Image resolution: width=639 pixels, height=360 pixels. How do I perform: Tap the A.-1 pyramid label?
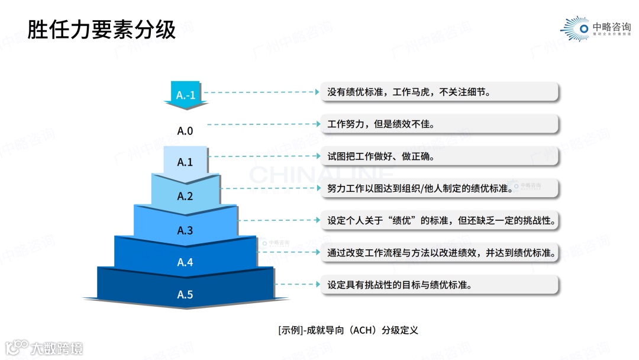coord(186,94)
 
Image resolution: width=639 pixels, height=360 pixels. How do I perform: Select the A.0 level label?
coord(185,131)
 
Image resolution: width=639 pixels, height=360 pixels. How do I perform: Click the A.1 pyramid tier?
coord(185,161)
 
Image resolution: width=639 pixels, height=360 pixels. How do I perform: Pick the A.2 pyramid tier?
coord(185,195)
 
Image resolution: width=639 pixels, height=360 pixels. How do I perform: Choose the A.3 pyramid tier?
coord(185,230)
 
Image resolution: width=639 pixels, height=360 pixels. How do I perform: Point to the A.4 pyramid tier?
coord(185,261)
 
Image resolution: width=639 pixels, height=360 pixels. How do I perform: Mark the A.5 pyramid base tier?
coord(185,294)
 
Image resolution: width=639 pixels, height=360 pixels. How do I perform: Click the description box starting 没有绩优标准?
coord(438,92)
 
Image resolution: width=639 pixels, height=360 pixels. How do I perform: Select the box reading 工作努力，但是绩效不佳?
coord(438,124)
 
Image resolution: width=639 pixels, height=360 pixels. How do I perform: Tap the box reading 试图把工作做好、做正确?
coord(438,157)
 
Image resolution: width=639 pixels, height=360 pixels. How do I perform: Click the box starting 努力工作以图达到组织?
coord(438,189)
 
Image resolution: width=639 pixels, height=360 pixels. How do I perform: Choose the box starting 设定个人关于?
coord(438,221)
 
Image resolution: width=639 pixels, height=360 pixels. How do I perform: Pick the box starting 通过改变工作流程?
coord(438,253)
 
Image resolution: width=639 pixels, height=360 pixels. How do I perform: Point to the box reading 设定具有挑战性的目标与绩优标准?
coord(438,285)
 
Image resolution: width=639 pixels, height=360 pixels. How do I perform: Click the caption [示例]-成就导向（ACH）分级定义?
coord(348,330)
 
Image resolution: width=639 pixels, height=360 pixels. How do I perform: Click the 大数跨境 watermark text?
coord(57,348)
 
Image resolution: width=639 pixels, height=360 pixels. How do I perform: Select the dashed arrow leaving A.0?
coord(263,124)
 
